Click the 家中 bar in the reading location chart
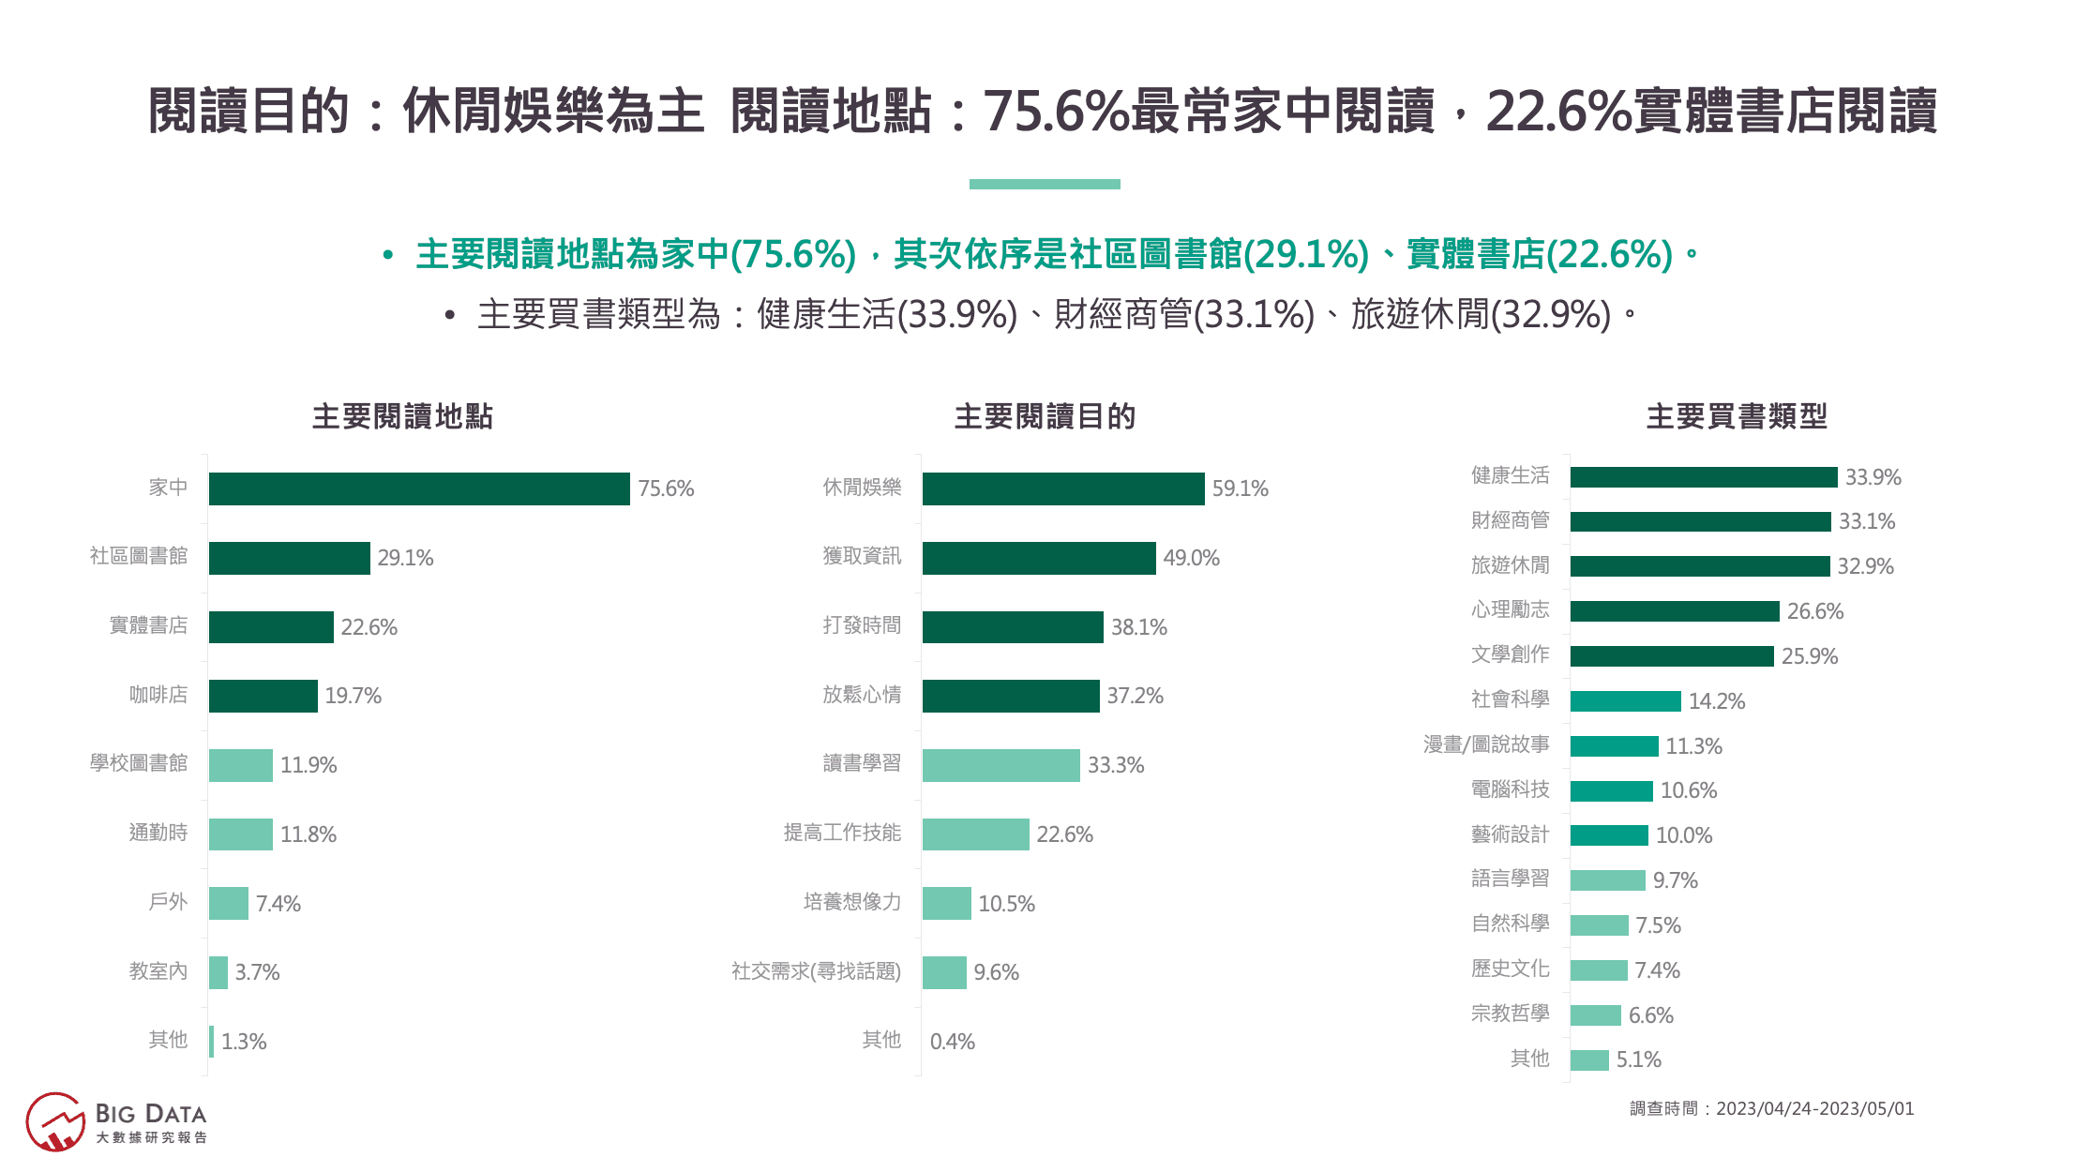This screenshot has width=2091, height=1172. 419,488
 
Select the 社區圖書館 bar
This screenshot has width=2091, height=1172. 289,558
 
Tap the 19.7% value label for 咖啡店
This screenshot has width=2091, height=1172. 354,696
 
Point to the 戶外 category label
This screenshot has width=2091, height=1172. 168,902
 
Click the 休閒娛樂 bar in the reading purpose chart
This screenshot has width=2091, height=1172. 1063,488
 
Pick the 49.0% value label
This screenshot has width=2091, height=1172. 1191,558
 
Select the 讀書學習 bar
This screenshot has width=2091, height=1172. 1000,765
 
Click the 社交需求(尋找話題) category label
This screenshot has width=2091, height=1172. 816,971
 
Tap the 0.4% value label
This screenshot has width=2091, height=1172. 953,1042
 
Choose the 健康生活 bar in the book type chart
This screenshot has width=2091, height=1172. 1704,477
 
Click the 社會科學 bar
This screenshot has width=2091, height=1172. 1625,701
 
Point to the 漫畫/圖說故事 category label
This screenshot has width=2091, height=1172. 1486,744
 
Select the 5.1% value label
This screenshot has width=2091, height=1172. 1639,1059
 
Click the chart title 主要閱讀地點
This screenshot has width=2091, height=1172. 402,416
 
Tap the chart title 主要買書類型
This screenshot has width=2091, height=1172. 1737,416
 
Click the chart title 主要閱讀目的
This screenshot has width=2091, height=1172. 1045,416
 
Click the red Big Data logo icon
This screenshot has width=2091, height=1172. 55,1121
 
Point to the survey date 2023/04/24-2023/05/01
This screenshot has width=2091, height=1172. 1814,1109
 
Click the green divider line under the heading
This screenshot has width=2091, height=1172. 1045,185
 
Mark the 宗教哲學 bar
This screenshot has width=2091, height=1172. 1595,1015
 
